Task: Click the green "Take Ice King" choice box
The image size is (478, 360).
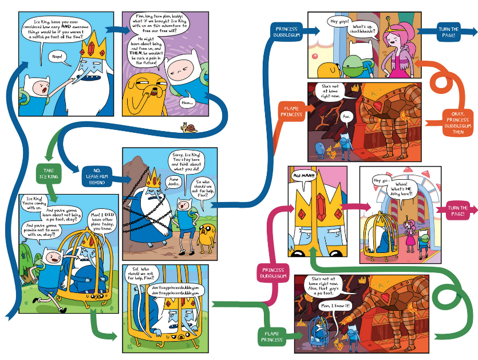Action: click(48, 173)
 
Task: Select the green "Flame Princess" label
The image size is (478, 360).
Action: click(271, 335)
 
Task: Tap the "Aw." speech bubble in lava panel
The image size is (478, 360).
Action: click(345, 117)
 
